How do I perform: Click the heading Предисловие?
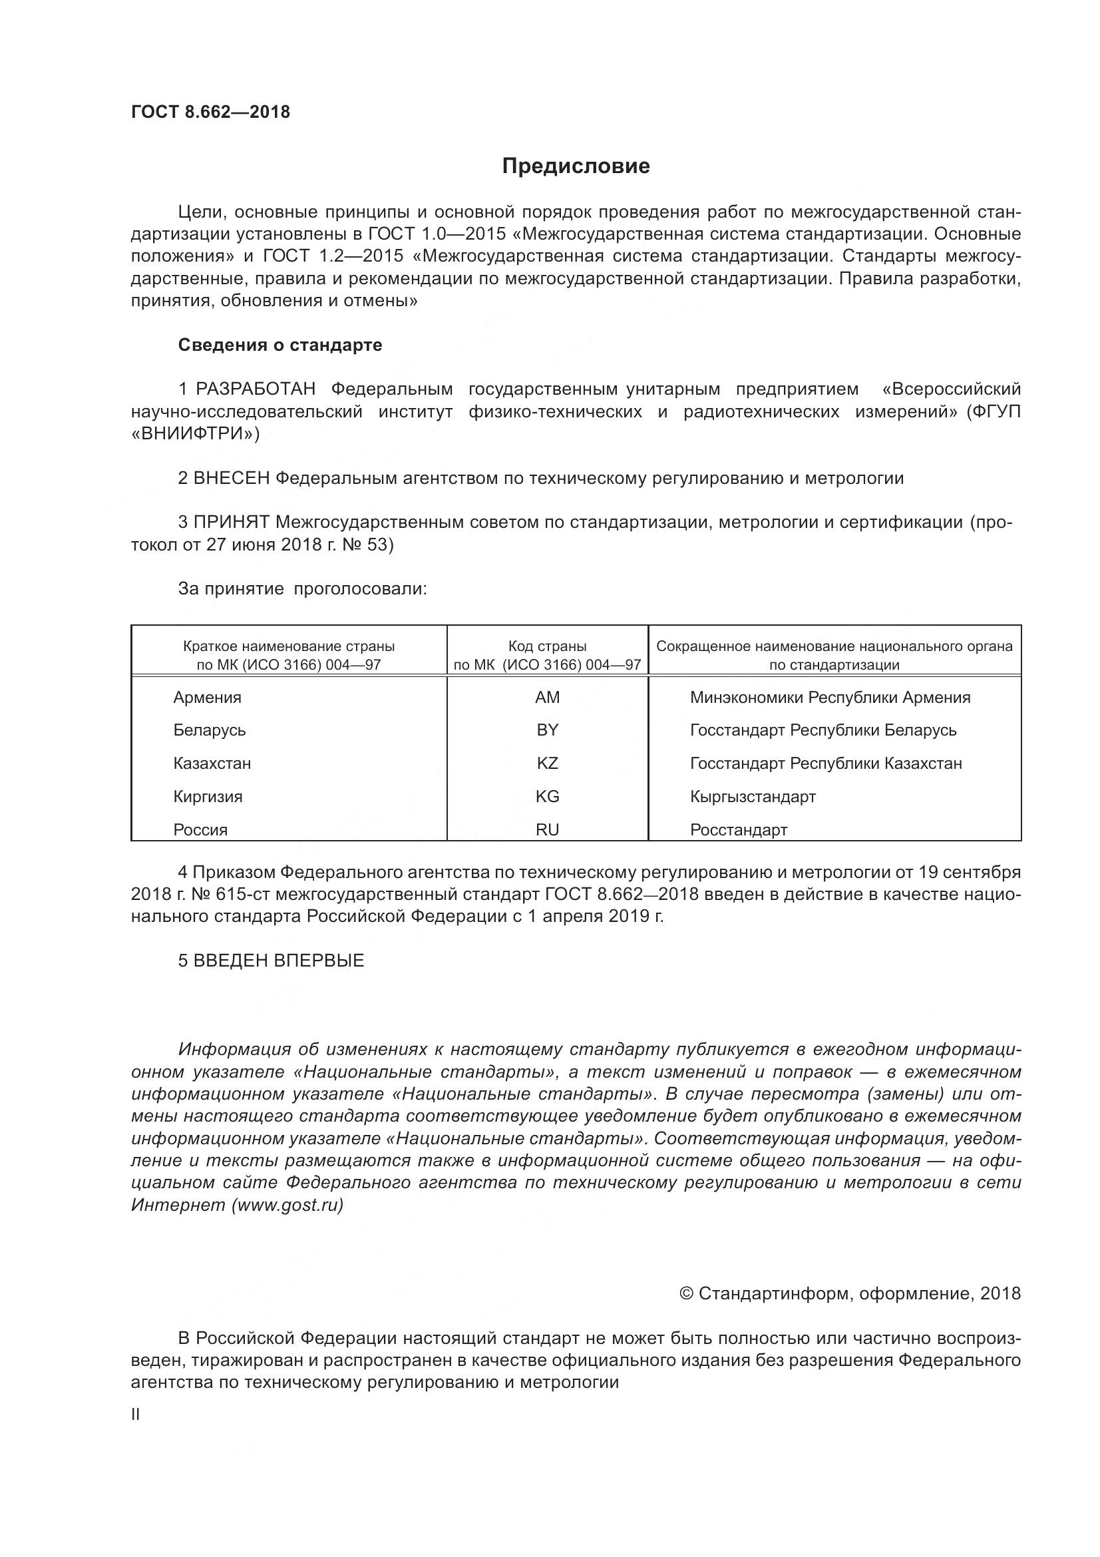pos(576,166)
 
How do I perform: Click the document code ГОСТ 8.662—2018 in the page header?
pos(210,112)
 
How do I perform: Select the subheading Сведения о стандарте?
pos(280,345)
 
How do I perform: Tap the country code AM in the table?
pos(547,697)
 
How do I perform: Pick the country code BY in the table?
pos(547,730)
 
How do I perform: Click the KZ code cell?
pos(547,764)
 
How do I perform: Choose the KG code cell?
pos(547,797)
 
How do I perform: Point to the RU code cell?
pos(547,830)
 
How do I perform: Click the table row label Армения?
pos(207,697)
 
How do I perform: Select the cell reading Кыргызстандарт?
pos(753,797)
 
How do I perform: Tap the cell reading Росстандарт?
pos(738,830)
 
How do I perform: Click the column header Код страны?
pos(547,646)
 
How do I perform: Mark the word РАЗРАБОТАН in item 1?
pos(256,389)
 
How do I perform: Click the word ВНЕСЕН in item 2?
pos(232,478)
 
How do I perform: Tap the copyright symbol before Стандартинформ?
pos(686,1294)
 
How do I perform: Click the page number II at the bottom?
pos(135,1415)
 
